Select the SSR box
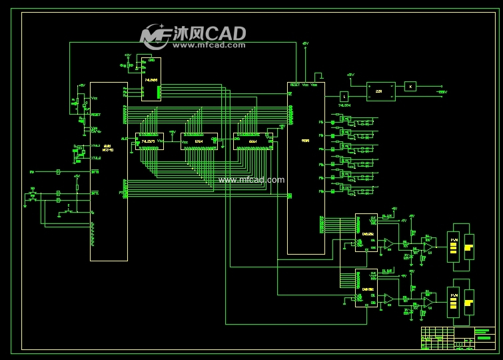point(380,91)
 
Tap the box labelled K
point(411,86)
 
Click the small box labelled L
point(344,96)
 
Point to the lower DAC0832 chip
point(366,288)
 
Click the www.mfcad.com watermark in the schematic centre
point(251,179)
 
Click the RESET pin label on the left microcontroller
point(97,114)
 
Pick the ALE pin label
point(124,138)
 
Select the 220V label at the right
point(441,92)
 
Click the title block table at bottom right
point(458,338)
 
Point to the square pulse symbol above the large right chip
point(318,76)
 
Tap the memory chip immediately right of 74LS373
point(199,141)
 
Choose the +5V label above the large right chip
point(305,43)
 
